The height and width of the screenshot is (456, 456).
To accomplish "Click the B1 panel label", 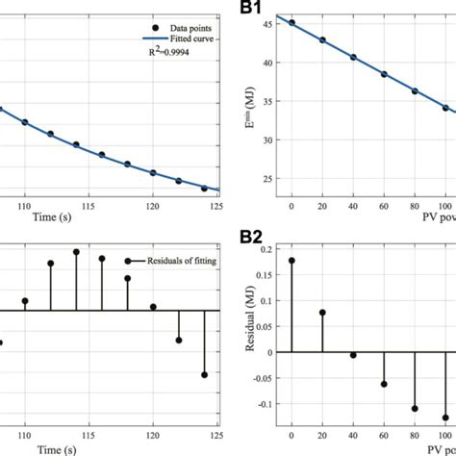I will pos(253,8).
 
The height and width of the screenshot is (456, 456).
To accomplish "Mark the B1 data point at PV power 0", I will pos(291,23).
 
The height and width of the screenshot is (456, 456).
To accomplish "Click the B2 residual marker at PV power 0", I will pos(291,260).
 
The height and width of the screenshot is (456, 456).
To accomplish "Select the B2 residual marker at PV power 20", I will pos(322,312).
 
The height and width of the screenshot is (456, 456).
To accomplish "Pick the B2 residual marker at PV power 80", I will pos(415,409).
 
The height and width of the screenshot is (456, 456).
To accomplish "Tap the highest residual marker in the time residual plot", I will pos(76,252).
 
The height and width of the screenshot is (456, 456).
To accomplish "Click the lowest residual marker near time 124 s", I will pos(204,374).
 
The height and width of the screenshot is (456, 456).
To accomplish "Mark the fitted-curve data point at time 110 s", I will pos(25,122).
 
